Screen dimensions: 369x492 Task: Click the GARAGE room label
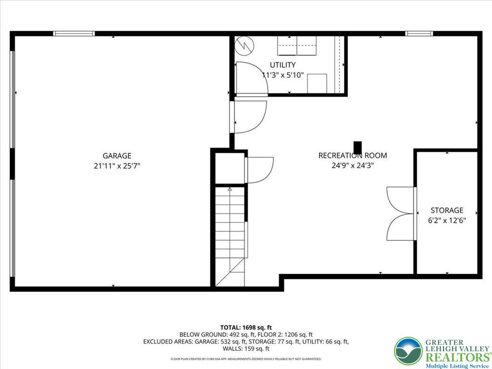click(x=117, y=156)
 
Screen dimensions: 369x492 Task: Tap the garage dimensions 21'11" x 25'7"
click(x=117, y=166)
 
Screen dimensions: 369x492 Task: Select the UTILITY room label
click(x=283, y=65)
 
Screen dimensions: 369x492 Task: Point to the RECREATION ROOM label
click(x=352, y=156)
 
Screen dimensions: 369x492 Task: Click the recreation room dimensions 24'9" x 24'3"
click(x=353, y=166)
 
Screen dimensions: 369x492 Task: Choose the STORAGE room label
click(x=447, y=210)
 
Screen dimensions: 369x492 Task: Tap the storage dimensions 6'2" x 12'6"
click(x=447, y=221)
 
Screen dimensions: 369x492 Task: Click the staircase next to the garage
click(x=230, y=235)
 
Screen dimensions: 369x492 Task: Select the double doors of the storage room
click(x=400, y=213)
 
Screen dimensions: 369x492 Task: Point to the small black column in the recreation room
click(x=357, y=147)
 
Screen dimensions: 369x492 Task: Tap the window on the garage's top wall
click(x=74, y=34)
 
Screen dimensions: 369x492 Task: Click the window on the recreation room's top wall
click(x=419, y=34)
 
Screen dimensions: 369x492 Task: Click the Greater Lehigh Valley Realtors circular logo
click(x=408, y=351)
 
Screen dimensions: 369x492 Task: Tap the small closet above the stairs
click(x=230, y=167)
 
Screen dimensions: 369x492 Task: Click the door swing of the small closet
click(x=259, y=170)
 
